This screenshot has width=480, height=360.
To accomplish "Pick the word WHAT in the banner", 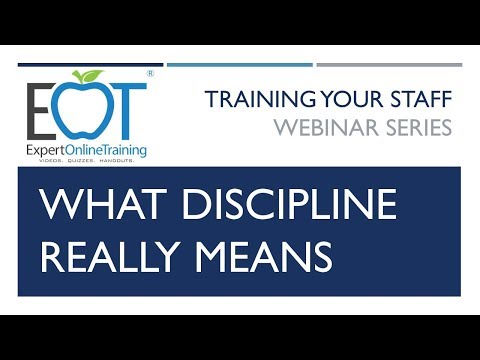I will coord(90,205).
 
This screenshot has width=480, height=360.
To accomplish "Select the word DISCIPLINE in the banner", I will coord(276,205).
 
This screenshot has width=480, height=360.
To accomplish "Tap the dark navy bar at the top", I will coord(90,65).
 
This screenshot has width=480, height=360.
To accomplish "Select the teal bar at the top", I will coord(240,65).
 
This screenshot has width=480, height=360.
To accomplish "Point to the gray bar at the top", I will coord(389,65).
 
